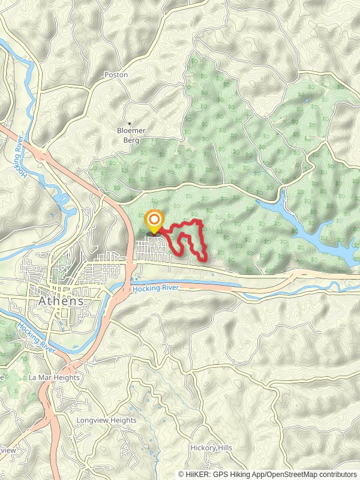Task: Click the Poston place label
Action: (x=116, y=75)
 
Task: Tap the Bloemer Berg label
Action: (x=131, y=136)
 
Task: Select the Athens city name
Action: (x=61, y=301)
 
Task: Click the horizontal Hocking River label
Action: (x=157, y=289)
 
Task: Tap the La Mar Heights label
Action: (x=54, y=377)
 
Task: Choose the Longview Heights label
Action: (x=106, y=421)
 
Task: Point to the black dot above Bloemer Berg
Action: (x=129, y=124)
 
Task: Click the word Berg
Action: (x=131, y=140)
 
